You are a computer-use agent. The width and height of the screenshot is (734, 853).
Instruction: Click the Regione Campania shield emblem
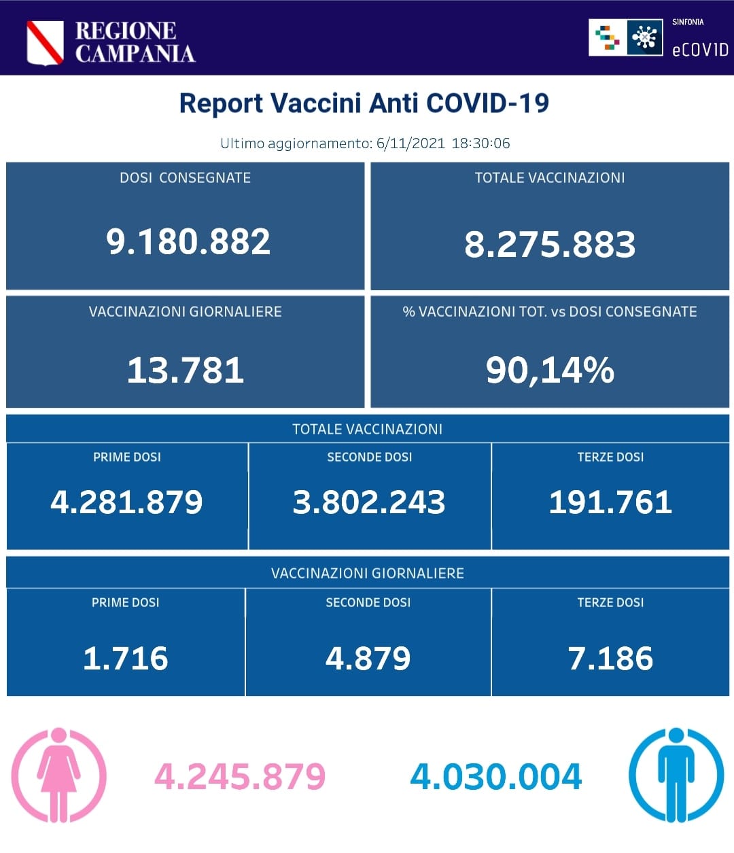45,42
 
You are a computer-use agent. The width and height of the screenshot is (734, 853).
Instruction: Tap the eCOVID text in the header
699,50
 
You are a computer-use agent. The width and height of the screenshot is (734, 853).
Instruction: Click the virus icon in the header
644,38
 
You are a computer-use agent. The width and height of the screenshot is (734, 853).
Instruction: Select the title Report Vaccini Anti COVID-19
364,103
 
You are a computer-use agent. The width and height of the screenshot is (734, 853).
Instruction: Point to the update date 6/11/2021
410,143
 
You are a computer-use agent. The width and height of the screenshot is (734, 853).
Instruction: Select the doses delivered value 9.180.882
188,242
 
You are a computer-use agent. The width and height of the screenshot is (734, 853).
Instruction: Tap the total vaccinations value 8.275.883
550,245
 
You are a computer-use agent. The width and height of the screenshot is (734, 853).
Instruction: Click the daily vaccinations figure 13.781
186,370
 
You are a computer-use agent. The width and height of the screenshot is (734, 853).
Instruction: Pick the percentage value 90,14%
550,370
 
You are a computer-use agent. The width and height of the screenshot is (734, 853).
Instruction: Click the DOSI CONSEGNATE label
185,178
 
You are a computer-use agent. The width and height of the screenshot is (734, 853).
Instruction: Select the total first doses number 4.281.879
126,502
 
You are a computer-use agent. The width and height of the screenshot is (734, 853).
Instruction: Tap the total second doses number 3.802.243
369,502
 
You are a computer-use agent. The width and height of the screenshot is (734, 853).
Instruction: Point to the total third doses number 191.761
610,502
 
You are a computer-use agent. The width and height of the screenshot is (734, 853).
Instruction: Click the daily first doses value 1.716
126,659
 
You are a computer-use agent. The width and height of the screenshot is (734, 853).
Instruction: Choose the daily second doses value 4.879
368,659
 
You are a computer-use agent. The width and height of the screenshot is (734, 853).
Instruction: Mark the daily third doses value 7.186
610,659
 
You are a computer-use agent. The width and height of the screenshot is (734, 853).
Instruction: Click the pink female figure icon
59,775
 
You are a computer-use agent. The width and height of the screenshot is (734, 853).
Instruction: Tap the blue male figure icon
676,775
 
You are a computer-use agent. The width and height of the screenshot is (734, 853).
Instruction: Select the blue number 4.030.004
496,777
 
